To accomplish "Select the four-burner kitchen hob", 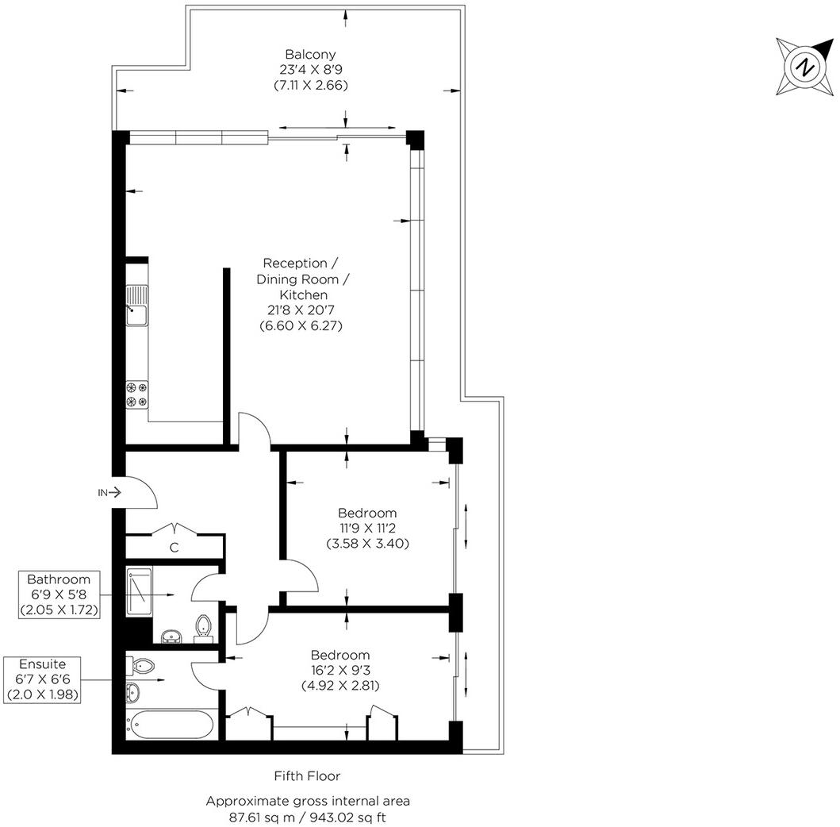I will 136,394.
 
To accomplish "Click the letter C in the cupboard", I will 173,547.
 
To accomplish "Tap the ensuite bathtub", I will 169,724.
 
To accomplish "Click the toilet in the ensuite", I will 143,664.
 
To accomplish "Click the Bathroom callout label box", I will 53,594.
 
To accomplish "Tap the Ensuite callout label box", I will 44,679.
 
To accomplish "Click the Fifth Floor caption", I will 307,775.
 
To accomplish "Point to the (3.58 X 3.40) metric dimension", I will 367,544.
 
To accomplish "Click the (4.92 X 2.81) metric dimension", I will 340,685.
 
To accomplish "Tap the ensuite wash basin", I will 132,692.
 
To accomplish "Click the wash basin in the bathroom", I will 171,635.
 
